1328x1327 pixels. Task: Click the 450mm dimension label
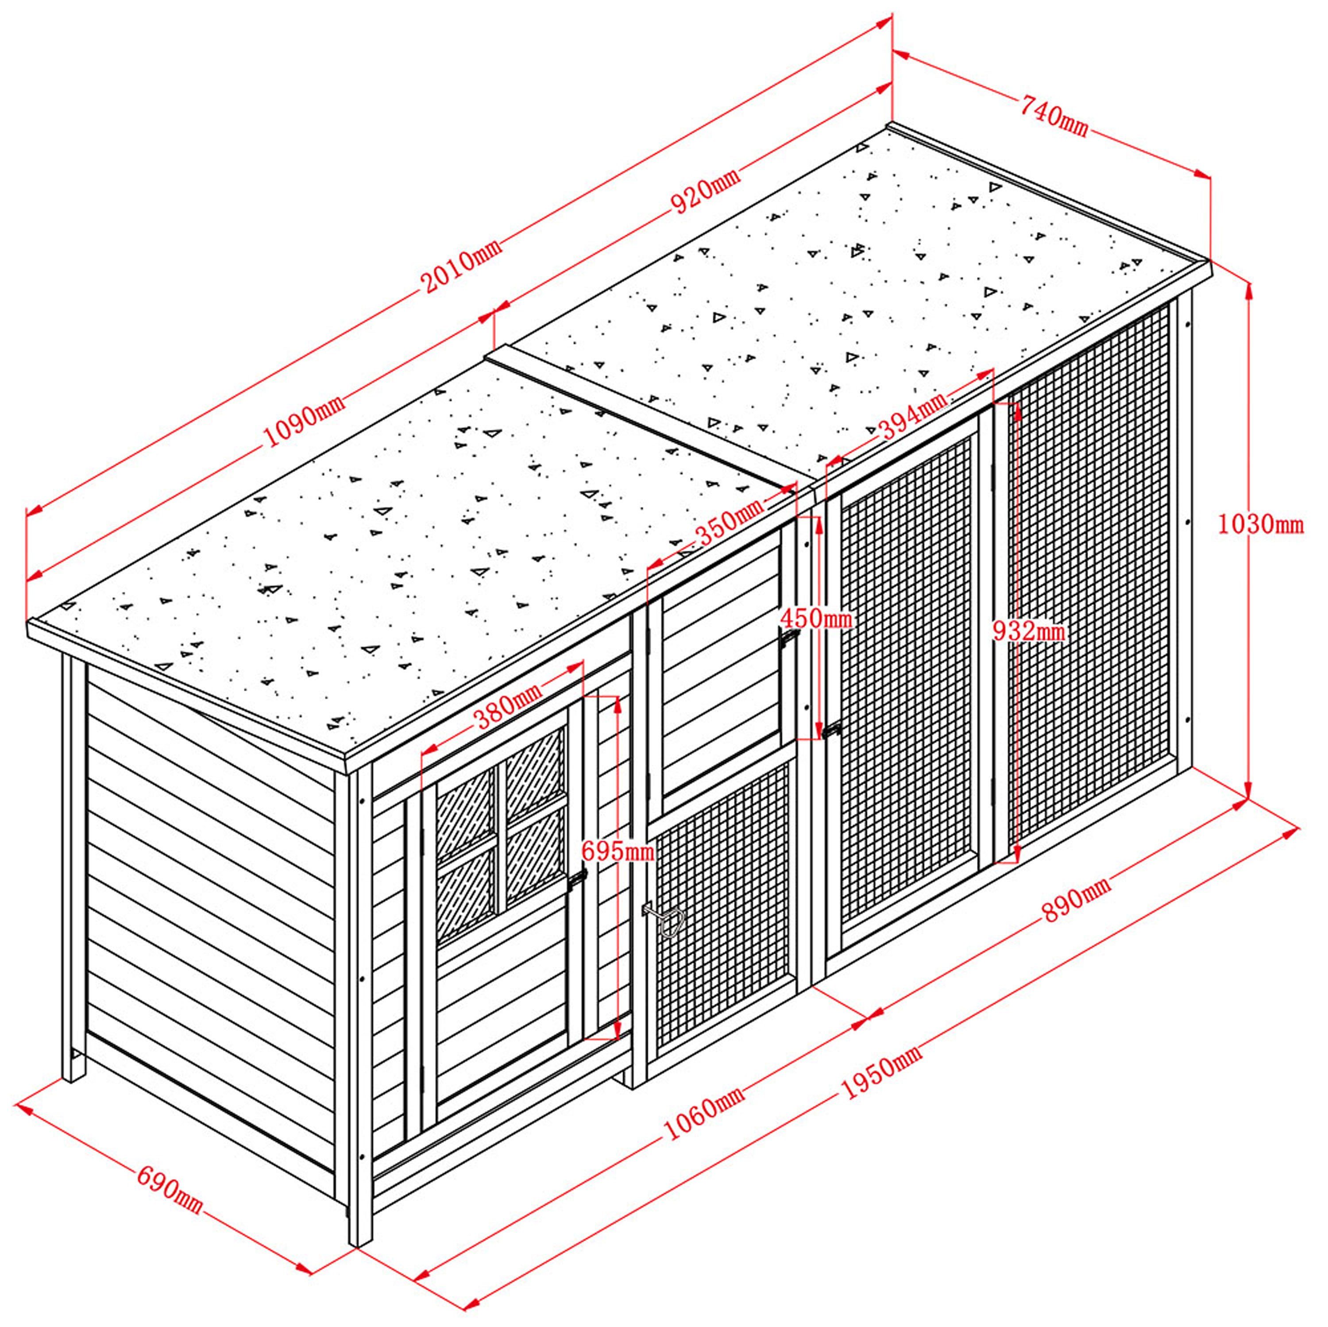point(816,619)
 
